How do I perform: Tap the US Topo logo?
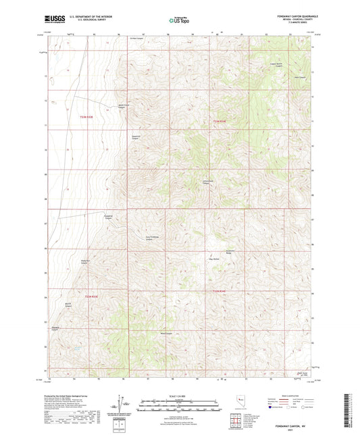point(179,21)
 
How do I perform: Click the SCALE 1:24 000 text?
point(179,394)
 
